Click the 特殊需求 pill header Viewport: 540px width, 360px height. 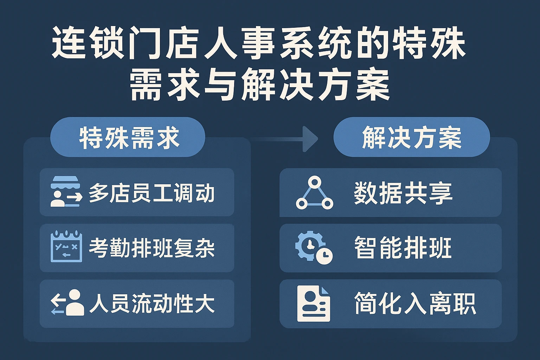click(128, 137)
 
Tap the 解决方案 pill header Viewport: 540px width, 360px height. click(412, 137)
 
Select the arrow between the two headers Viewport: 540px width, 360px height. click(284, 139)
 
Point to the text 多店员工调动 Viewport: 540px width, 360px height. click(152, 193)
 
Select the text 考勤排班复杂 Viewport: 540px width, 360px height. click(152, 248)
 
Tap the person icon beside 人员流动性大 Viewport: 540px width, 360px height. click(68, 302)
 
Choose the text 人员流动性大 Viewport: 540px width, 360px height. click(152, 303)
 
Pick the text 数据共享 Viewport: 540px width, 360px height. click(403, 193)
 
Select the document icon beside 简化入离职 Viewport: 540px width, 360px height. click(314, 304)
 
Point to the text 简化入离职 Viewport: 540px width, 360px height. click(415, 304)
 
